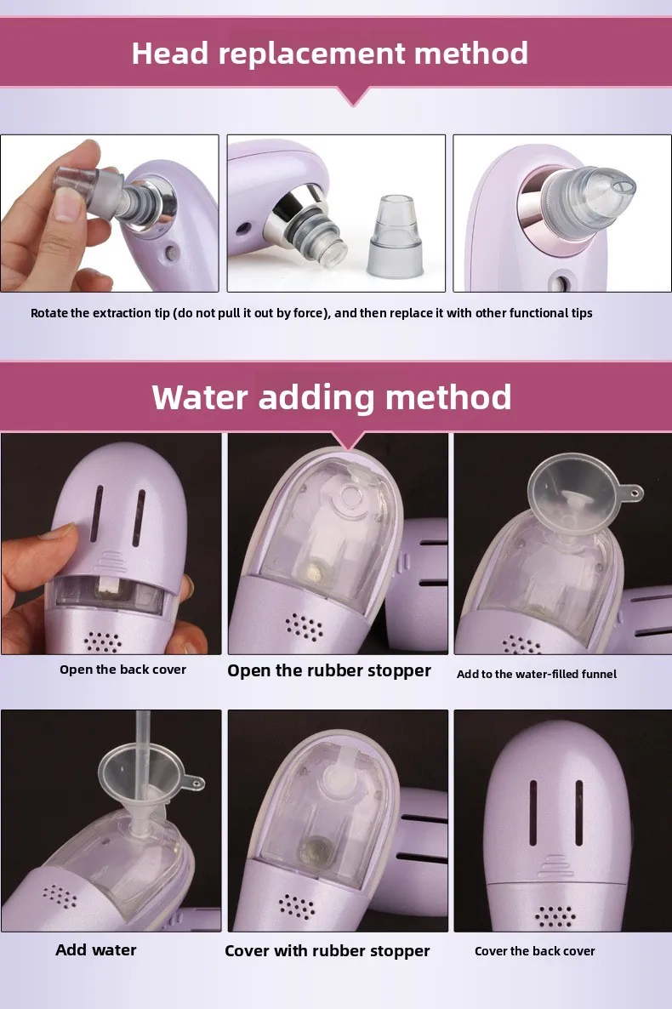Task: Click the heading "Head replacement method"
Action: click(x=329, y=53)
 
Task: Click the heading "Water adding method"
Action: click(x=332, y=397)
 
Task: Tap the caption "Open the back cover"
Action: click(x=123, y=670)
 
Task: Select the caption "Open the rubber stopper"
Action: click(x=329, y=670)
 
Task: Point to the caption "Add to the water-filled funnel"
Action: click(x=536, y=674)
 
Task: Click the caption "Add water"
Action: click(x=96, y=949)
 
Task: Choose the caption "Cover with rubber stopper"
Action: click(x=327, y=951)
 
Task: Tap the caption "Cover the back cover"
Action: click(x=534, y=951)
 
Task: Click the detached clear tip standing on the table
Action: click(x=396, y=236)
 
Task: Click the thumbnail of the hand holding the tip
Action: click(x=110, y=213)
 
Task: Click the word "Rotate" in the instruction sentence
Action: click(x=49, y=313)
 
